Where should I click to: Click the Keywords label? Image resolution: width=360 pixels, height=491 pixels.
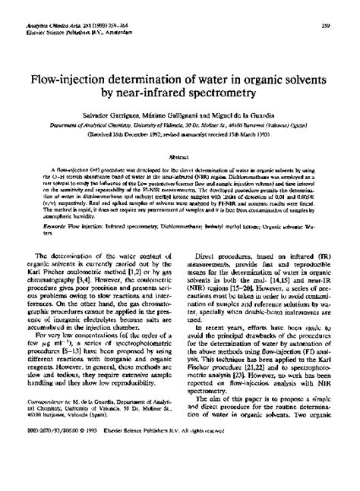(53, 203)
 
